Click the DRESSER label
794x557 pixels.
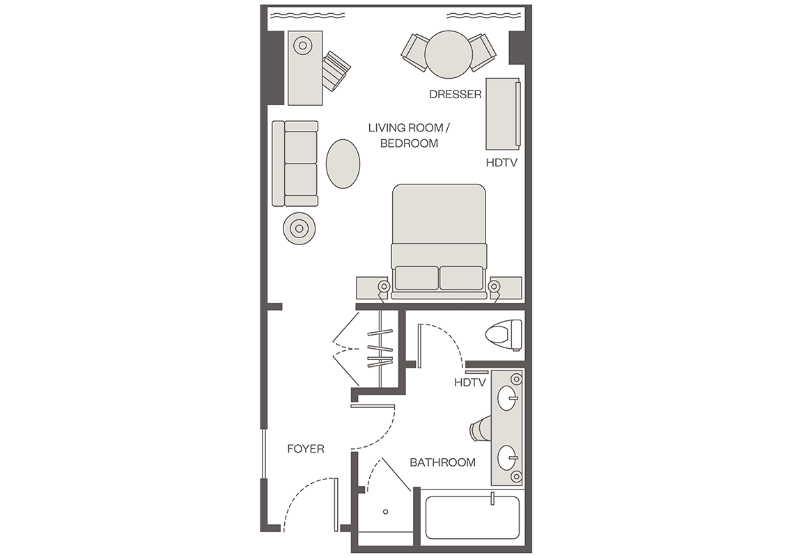[456, 94]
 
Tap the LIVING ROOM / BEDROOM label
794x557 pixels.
[409, 136]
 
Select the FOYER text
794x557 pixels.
[306, 448]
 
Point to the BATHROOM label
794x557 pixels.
[442, 462]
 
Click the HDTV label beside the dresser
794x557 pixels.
[501, 163]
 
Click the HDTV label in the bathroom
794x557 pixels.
[470, 383]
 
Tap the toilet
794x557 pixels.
[504, 335]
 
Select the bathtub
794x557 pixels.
[472, 517]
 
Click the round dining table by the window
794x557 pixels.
[449, 55]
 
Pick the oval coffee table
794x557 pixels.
[343, 164]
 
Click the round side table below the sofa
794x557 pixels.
[299, 229]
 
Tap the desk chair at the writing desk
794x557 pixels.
[336, 71]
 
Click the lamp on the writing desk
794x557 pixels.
[303, 45]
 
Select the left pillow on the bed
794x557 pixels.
[417, 278]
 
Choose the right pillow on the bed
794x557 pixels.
[461, 278]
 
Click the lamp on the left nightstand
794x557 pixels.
[384, 287]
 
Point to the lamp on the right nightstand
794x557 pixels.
[495, 287]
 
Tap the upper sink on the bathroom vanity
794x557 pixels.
[507, 398]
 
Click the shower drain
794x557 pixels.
[385, 512]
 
